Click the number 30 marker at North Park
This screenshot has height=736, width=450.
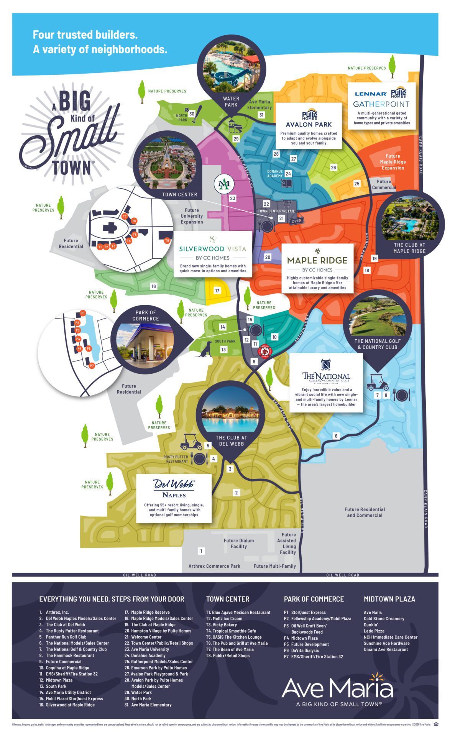[x=192, y=114]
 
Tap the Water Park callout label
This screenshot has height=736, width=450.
[x=231, y=102]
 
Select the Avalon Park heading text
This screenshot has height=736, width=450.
[x=309, y=125]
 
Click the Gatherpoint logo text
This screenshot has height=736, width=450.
[x=381, y=104]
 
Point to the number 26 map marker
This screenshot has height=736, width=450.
[x=333, y=168]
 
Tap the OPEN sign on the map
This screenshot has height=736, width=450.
[x=296, y=221]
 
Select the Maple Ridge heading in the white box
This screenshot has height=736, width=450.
[x=317, y=260]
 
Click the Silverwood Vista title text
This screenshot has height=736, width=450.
[x=212, y=249]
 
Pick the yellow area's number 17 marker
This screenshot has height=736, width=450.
[x=217, y=291]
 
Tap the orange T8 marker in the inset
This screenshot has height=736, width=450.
[x=167, y=241]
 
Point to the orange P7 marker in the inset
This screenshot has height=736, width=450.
[x=92, y=366]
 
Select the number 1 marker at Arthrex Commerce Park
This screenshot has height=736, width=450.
[x=201, y=551]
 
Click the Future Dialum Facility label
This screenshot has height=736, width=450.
[x=238, y=544]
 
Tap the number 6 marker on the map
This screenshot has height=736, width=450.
[x=336, y=436]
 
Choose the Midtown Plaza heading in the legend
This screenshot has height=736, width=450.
[x=389, y=599]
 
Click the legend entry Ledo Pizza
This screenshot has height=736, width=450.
[x=374, y=631]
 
